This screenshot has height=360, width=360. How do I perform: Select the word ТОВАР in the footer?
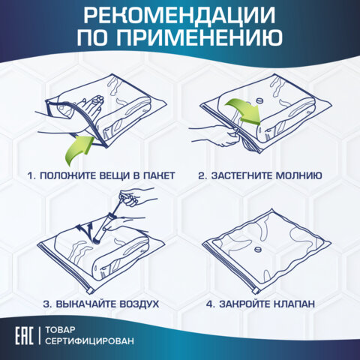pyautogui.click(x=62, y=328)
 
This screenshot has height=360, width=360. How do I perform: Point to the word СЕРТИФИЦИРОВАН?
pyautogui.click(x=91, y=342)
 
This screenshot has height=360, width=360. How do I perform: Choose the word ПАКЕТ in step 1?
pyautogui.click(x=155, y=175)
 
